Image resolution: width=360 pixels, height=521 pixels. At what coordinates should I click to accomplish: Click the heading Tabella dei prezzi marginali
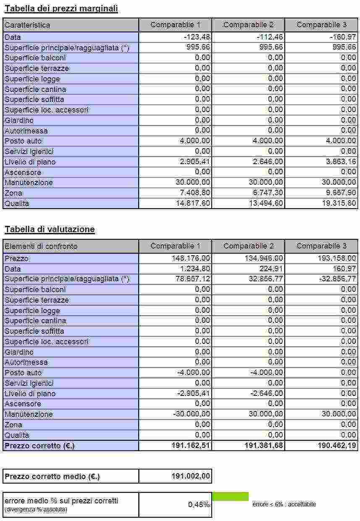(61, 8)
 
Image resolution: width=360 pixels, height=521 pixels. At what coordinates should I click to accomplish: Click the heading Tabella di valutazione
(50, 229)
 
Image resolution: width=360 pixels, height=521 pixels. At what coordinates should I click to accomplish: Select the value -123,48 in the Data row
(197, 37)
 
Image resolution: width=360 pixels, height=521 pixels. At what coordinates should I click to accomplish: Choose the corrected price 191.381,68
(264, 445)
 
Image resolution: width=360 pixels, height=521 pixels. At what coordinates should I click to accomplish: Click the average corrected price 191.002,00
(191, 476)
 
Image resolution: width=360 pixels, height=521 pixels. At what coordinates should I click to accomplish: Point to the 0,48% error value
(199, 504)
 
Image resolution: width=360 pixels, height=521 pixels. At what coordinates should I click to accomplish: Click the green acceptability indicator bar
(230, 496)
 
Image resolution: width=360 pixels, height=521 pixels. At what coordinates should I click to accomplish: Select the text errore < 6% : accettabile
(284, 504)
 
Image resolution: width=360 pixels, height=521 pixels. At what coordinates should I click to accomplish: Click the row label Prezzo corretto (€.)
(40, 445)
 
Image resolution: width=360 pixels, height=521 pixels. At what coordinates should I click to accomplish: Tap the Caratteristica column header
(27, 25)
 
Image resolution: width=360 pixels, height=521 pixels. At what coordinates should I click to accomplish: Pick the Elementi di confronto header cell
(41, 246)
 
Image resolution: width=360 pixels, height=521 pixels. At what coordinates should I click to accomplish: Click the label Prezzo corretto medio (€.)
(52, 476)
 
